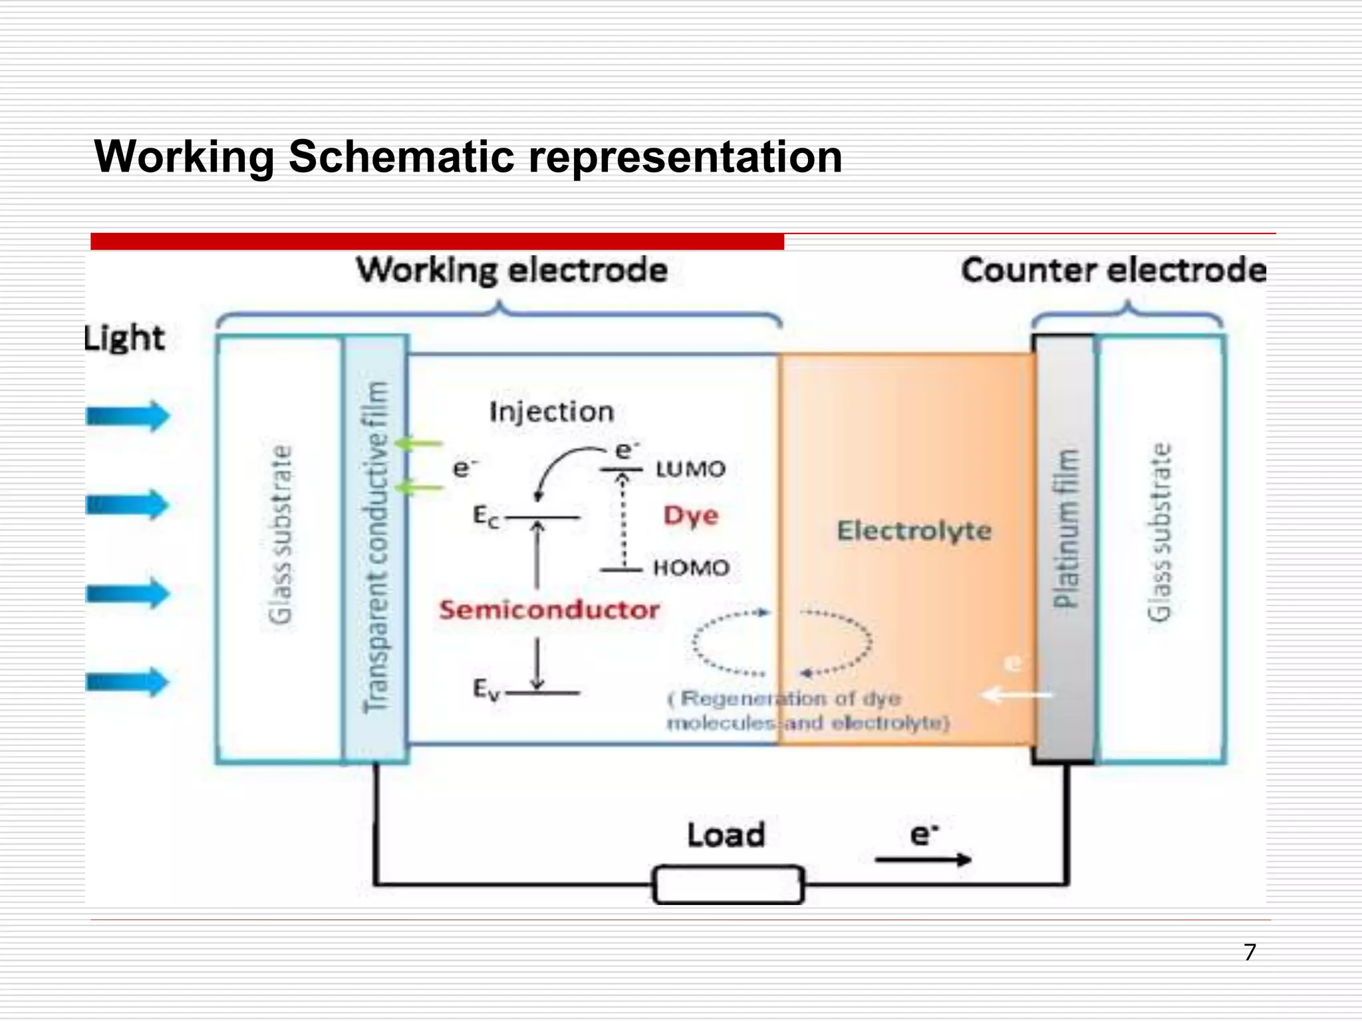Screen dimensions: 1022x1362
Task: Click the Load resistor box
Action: coord(728,884)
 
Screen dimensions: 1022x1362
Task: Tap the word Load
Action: coord(726,835)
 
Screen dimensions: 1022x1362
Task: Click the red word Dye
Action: coord(691,516)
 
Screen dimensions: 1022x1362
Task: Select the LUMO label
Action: coord(690,469)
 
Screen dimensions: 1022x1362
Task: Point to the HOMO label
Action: coord(691,568)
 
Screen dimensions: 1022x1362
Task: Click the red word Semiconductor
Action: coord(549,609)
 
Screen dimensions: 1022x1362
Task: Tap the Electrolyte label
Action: coord(914,531)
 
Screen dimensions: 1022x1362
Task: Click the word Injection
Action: coord(551,412)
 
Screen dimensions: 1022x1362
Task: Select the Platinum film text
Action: coord(1065,529)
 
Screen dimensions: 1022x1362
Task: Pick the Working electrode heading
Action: coord(511,271)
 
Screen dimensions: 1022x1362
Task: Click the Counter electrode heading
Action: coord(1113,271)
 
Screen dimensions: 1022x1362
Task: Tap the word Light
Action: coord(124,338)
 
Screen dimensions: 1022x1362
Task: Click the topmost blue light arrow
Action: coord(128,417)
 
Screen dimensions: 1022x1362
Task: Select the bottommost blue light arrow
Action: coord(128,682)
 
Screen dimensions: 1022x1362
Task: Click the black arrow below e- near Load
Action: coord(923,860)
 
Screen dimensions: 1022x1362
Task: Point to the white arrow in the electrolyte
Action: coord(1018,695)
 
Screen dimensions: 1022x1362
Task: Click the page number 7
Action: coord(1250,952)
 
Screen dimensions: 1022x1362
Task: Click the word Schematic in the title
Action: coord(402,157)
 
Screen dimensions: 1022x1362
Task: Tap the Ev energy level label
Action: coord(485,689)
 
